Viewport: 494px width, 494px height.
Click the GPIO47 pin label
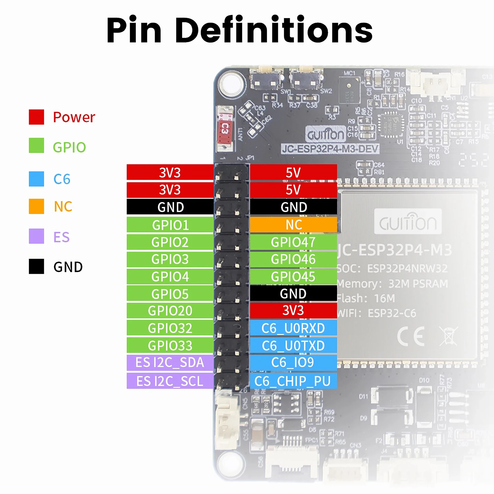click(293, 242)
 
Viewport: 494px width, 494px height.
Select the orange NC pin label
click(293, 225)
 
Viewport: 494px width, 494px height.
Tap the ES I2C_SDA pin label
click(170, 363)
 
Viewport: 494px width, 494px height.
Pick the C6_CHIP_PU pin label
click(293, 381)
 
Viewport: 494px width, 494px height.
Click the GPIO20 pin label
click(170, 311)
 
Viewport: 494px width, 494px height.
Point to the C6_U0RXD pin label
click(293, 328)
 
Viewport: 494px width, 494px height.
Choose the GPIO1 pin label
click(170, 225)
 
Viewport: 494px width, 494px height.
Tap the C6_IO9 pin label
click(293, 363)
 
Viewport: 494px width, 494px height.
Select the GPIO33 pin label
click(170, 345)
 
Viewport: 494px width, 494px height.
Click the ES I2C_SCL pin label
click(170, 381)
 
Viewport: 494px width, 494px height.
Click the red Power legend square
click(36, 117)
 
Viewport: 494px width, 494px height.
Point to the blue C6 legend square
click(36, 179)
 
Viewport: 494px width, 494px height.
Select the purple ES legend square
click(36, 236)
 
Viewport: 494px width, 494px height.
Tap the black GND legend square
click(36, 266)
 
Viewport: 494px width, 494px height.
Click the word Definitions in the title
click(274, 30)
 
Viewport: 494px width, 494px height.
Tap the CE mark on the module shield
click(411, 336)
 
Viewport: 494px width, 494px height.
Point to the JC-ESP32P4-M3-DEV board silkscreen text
click(330, 149)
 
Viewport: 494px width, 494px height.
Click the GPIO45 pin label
click(293, 277)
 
